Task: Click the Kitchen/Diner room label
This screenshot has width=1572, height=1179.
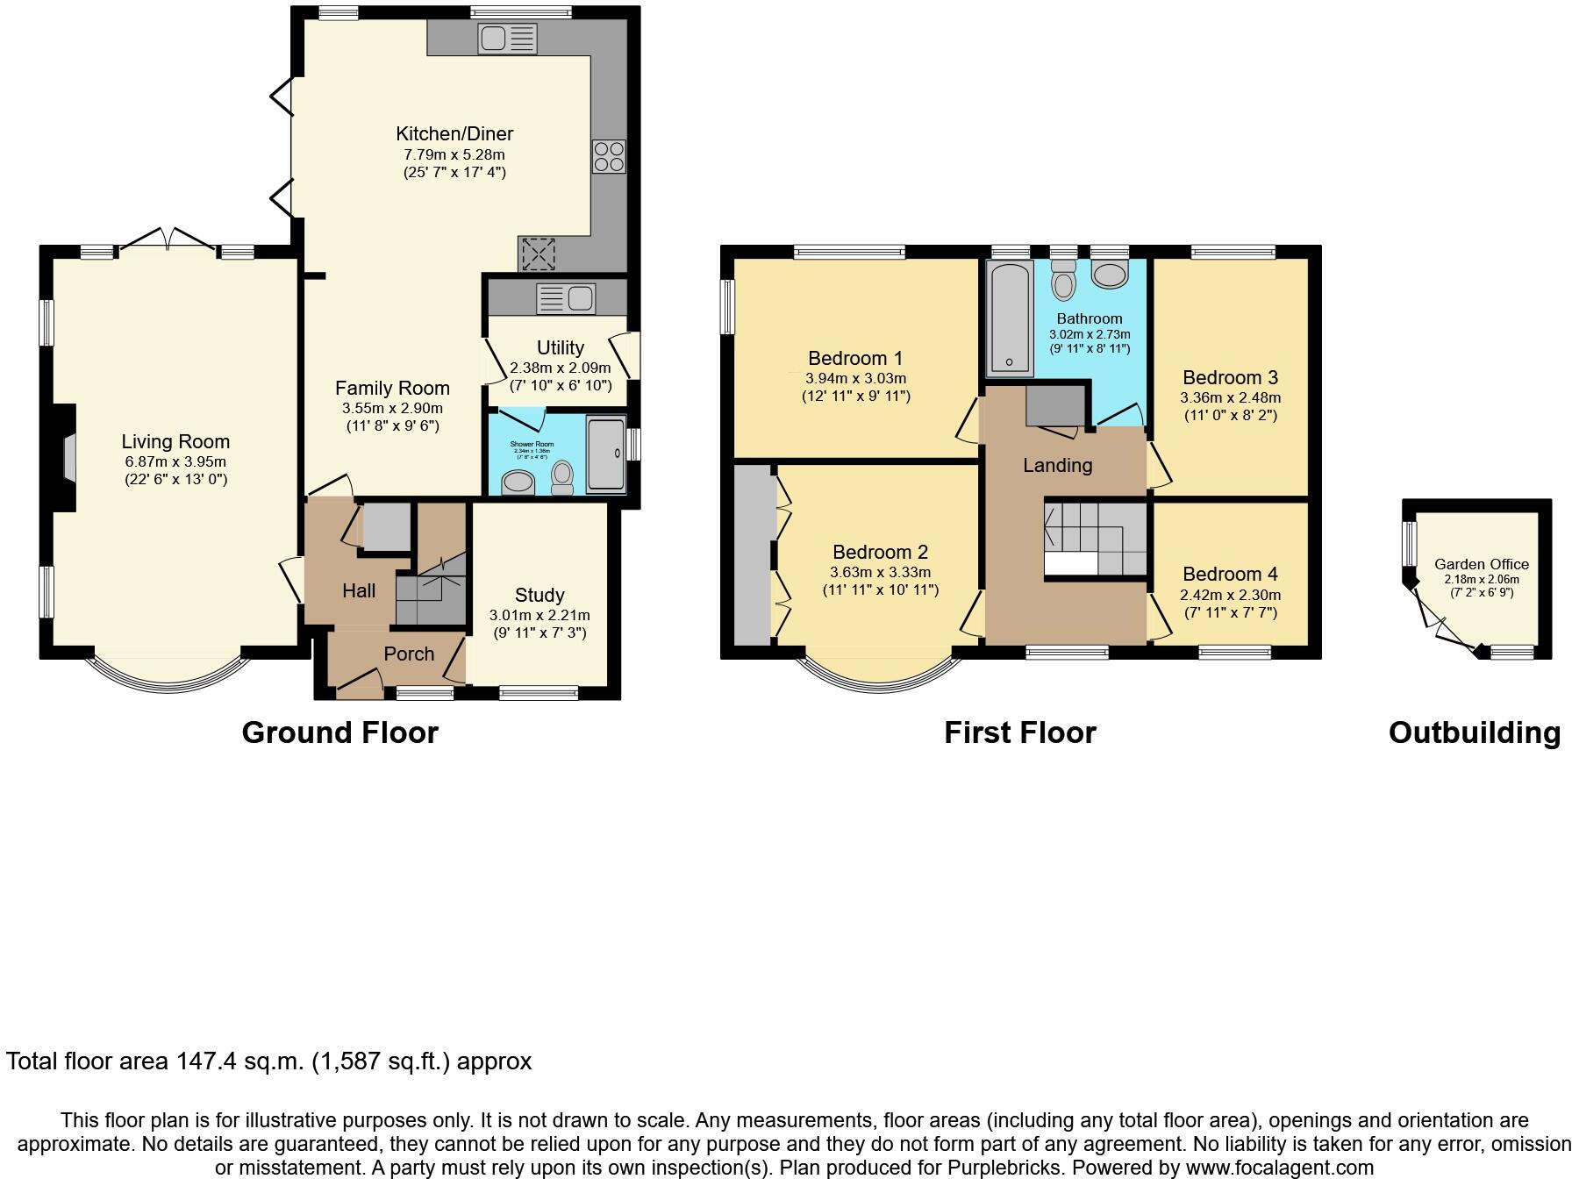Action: tap(454, 134)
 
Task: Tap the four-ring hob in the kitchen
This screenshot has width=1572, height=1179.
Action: tap(609, 156)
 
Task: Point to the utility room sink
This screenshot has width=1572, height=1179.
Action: tap(567, 298)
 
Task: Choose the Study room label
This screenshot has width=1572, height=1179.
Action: tap(539, 595)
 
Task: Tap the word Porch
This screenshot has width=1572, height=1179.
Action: tap(409, 654)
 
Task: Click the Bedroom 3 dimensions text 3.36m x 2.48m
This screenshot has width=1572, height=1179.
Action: tap(1230, 397)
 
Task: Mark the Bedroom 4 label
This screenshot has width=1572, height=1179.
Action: tap(1230, 575)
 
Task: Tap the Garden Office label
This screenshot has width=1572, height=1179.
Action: tap(1482, 565)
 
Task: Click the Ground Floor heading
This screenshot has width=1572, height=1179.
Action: tap(339, 732)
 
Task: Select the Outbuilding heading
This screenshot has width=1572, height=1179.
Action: tap(1474, 732)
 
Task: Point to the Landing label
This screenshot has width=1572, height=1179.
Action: tap(1057, 466)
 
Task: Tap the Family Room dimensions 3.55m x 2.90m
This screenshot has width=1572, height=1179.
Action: tap(392, 408)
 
